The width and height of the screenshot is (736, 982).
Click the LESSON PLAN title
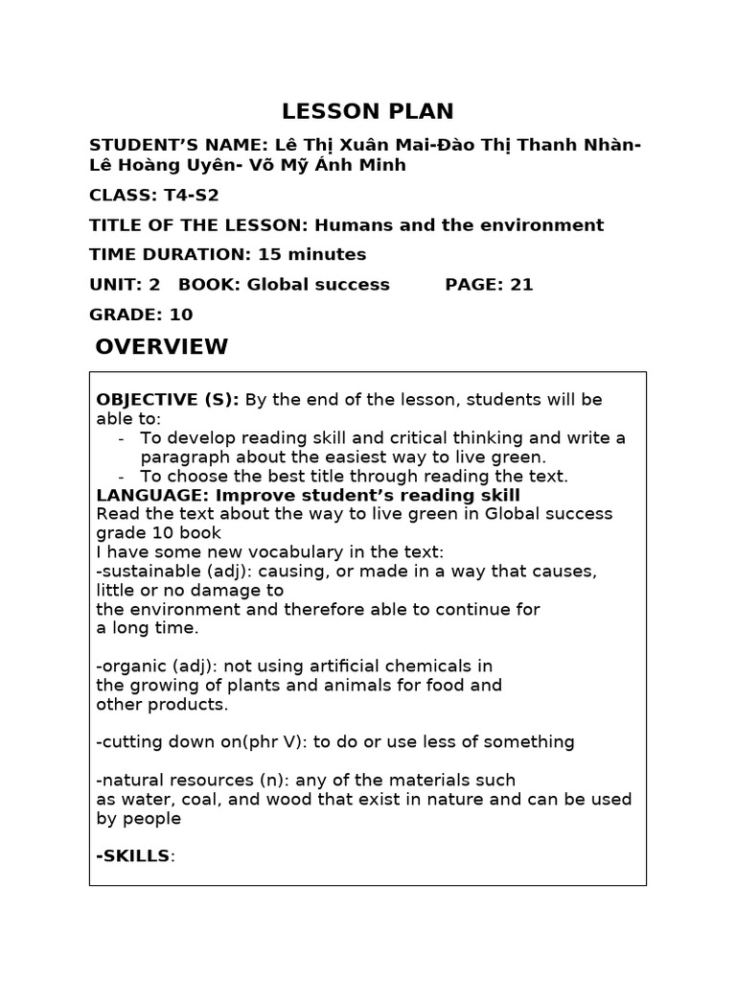pos(368,111)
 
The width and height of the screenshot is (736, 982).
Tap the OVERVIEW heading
pos(161,347)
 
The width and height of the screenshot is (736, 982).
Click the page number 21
pos(521,285)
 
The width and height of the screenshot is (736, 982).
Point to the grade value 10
pos(180,315)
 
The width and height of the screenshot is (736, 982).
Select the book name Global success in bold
pos(318,285)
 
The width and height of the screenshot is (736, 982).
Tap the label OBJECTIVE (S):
pos(168,400)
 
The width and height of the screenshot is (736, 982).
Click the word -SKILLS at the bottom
pos(133,855)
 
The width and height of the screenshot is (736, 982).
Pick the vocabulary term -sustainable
pos(141,572)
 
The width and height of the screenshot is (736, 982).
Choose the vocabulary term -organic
pos(129,666)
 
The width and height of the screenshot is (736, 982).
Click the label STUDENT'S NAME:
pos(177,145)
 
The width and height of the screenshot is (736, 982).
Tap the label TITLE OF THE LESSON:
pos(198,225)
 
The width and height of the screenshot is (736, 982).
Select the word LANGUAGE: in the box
pos(151,495)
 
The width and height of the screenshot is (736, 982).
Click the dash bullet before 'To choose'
pos(122,477)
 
